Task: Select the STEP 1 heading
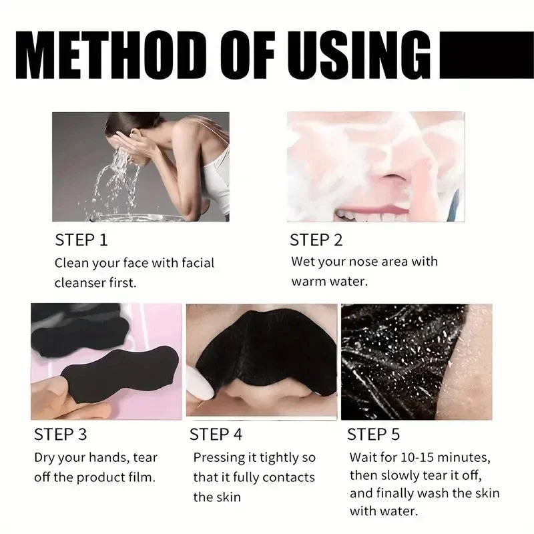point(81,239)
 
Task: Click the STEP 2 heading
point(316,239)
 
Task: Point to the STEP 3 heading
point(60,435)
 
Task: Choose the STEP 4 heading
point(216,435)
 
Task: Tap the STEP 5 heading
point(373,435)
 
